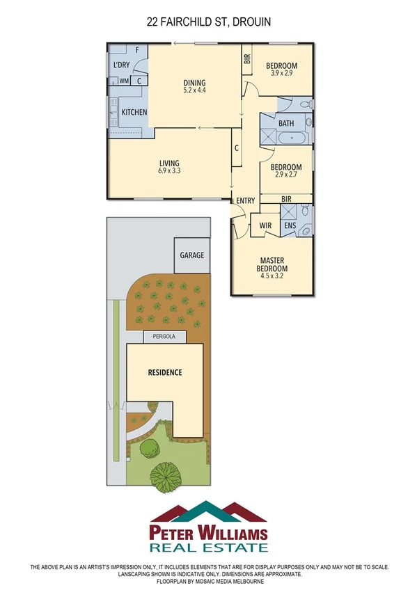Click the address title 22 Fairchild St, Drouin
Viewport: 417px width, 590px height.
click(x=208, y=22)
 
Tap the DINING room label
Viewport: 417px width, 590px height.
click(x=194, y=81)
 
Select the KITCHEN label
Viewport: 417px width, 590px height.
click(x=134, y=112)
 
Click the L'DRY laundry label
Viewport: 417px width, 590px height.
click(x=121, y=65)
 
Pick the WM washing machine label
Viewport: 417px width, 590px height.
click(x=124, y=81)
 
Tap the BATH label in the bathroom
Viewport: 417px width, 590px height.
click(x=285, y=123)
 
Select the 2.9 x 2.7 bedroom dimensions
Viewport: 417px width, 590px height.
click(x=285, y=176)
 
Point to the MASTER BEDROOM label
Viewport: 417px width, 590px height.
click(x=272, y=265)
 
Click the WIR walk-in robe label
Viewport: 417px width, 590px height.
click(x=265, y=225)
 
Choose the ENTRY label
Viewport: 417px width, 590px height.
click(x=245, y=201)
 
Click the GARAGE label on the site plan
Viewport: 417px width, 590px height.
click(x=192, y=255)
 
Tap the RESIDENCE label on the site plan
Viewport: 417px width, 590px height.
click(x=165, y=372)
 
